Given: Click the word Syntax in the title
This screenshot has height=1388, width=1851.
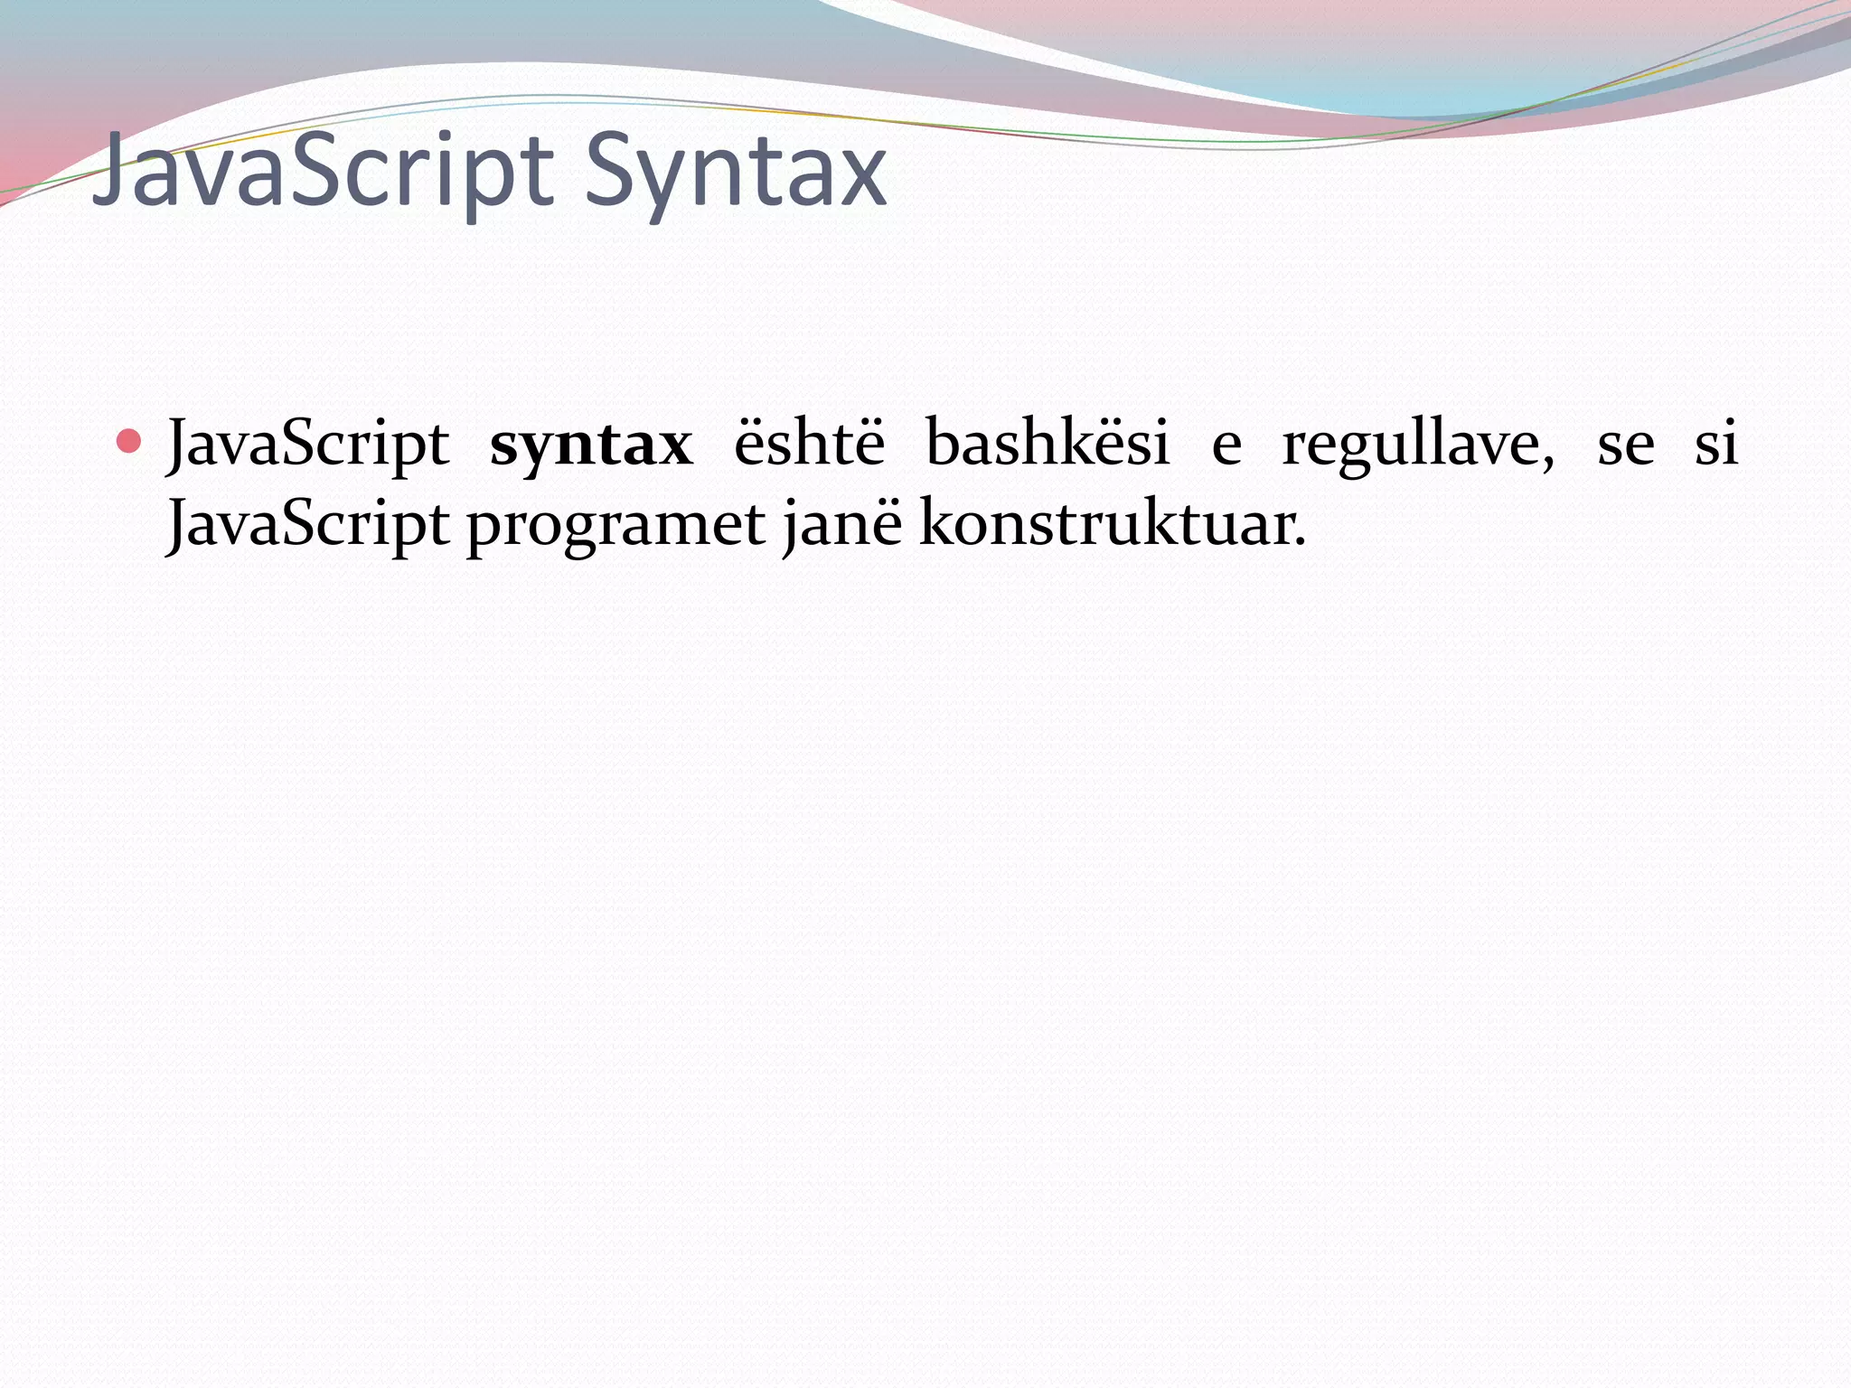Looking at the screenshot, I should [x=735, y=172].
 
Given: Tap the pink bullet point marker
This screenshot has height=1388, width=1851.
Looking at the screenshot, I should [x=129, y=442].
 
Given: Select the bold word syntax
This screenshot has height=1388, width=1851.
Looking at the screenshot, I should [x=591, y=445].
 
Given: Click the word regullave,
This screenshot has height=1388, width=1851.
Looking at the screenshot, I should [x=1418, y=445].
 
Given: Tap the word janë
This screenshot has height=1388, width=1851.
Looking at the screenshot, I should [x=842, y=524].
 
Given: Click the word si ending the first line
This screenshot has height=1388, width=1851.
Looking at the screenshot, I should [x=1715, y=444].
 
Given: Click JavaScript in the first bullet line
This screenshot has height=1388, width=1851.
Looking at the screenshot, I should [x=308, y=445].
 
